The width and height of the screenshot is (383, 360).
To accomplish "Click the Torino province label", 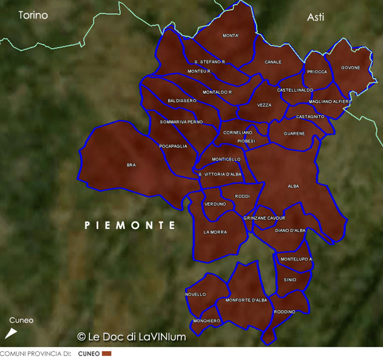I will (33, 15).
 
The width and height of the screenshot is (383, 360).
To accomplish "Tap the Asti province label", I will (315, 17).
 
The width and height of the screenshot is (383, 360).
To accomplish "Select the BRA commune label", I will (131, 165).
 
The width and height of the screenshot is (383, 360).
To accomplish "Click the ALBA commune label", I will (293, 186).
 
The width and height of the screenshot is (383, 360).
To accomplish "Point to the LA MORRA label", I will (215, 232).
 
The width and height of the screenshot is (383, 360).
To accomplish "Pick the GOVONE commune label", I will (350, 68).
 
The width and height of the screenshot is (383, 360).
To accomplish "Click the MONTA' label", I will (230, 36).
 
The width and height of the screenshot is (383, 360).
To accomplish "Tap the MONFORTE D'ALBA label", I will (246, 300).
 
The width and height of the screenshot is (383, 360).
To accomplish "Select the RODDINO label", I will (284, 312).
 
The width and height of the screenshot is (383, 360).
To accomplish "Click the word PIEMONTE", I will (130, 225).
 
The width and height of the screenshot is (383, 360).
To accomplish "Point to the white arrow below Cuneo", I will (11, 333).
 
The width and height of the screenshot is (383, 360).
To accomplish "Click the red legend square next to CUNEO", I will (107, 354).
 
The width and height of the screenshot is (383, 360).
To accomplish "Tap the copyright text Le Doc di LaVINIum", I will (132, 337).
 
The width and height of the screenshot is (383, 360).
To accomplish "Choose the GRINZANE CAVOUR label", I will (264, 218).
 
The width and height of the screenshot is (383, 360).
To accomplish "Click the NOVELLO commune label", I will (195, 294).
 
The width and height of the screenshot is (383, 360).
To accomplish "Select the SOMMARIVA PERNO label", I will (181, 122).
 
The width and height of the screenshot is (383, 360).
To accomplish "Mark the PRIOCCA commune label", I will (317, 72).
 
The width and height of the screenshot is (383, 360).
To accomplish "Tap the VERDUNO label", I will (215, 204).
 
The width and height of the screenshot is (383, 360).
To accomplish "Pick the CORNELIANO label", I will (238, 133).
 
